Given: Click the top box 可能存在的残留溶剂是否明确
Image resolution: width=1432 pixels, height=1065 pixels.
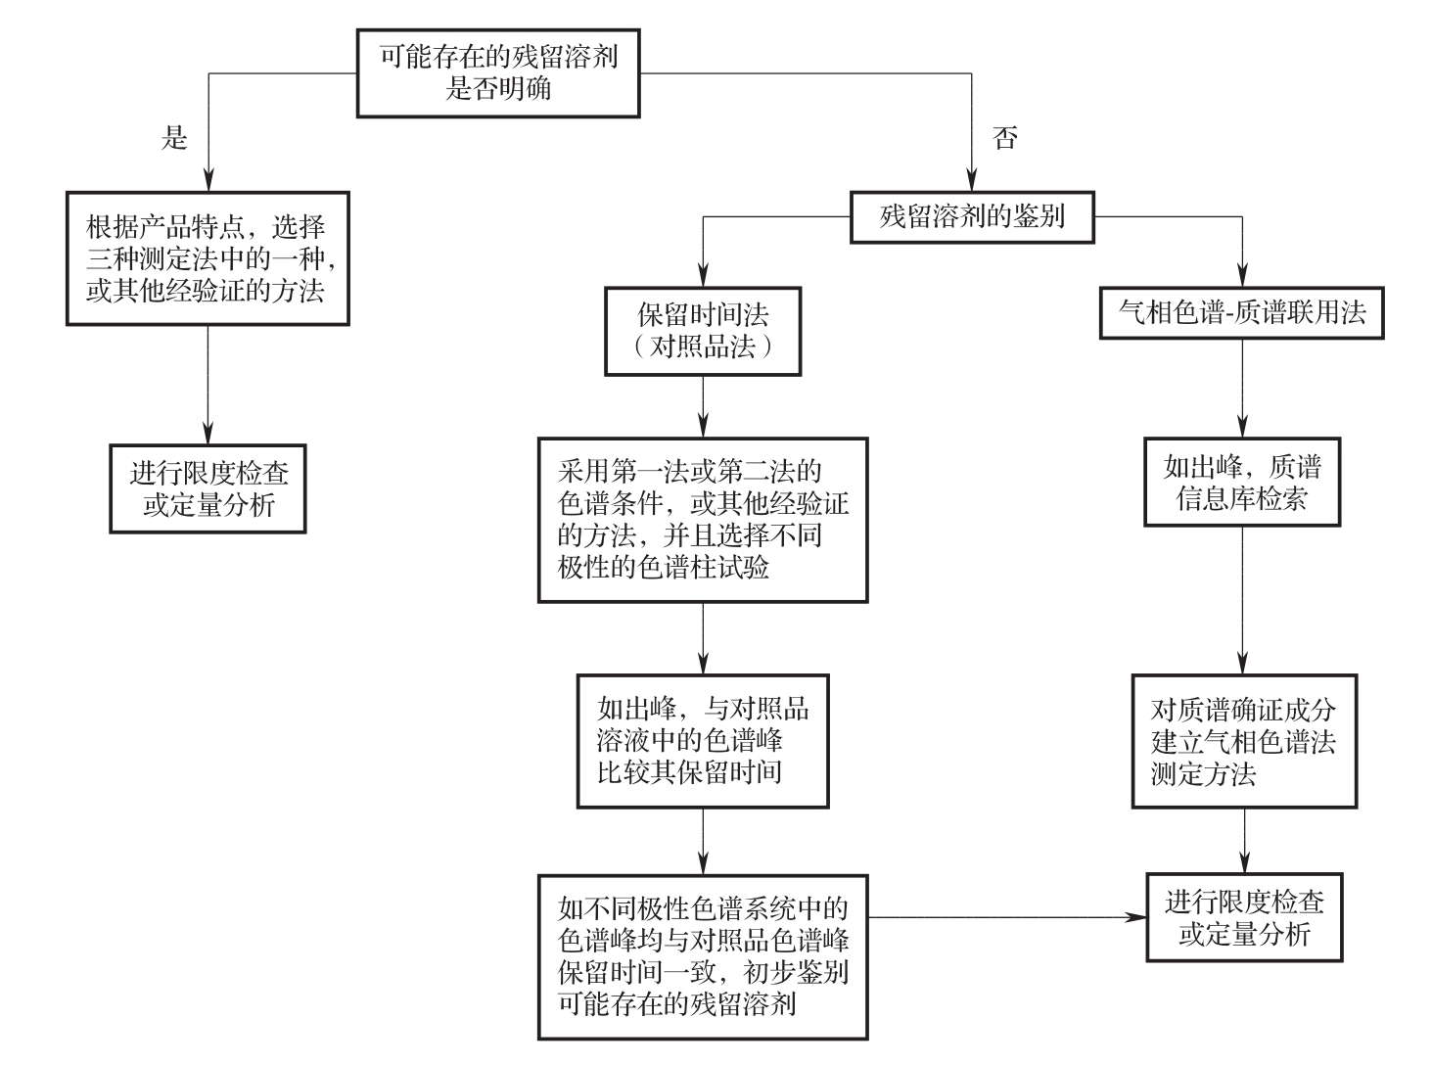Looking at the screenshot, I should [x=497, y=72].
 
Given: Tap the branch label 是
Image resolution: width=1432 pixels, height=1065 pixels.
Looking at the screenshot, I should [x=174, y=138].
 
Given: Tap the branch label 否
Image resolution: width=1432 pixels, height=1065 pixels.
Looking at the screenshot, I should [x=1004, y=138].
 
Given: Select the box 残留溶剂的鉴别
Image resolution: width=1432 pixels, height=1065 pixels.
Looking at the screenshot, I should [x=971, y=216].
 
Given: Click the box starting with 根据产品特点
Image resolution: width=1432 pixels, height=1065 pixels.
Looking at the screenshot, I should [x=208, y=258].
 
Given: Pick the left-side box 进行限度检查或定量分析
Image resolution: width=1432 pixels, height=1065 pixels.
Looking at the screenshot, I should [x=208, y=488].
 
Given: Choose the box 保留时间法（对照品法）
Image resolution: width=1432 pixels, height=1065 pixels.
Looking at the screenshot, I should [x=703, y=331].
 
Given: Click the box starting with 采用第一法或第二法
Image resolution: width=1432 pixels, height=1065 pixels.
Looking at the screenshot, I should [x=703, y=519].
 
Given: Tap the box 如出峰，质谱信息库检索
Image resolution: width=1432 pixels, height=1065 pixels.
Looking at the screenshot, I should [x=1242, y=483].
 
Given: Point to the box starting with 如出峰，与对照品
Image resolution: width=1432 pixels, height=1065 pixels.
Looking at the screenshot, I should [x=703, y=740].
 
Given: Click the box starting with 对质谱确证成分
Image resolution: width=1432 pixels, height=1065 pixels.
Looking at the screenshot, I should [x=1244, y=741].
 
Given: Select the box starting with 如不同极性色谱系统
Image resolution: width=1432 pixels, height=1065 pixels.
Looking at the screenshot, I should [x=703, y=955].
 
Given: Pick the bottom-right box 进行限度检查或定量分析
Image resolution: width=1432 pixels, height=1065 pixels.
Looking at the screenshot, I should [x=1244, y=917].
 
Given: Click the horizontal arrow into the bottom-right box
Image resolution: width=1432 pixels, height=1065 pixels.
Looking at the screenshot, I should [x=1008, y=917].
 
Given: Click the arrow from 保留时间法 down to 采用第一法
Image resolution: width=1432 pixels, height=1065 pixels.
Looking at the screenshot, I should [x=703, y=406].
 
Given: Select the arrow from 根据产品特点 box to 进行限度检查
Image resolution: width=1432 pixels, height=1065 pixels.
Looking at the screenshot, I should [x=208, y=385].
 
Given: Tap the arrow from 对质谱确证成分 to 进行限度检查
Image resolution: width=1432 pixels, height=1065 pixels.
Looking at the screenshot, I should [x=1244, y=840].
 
